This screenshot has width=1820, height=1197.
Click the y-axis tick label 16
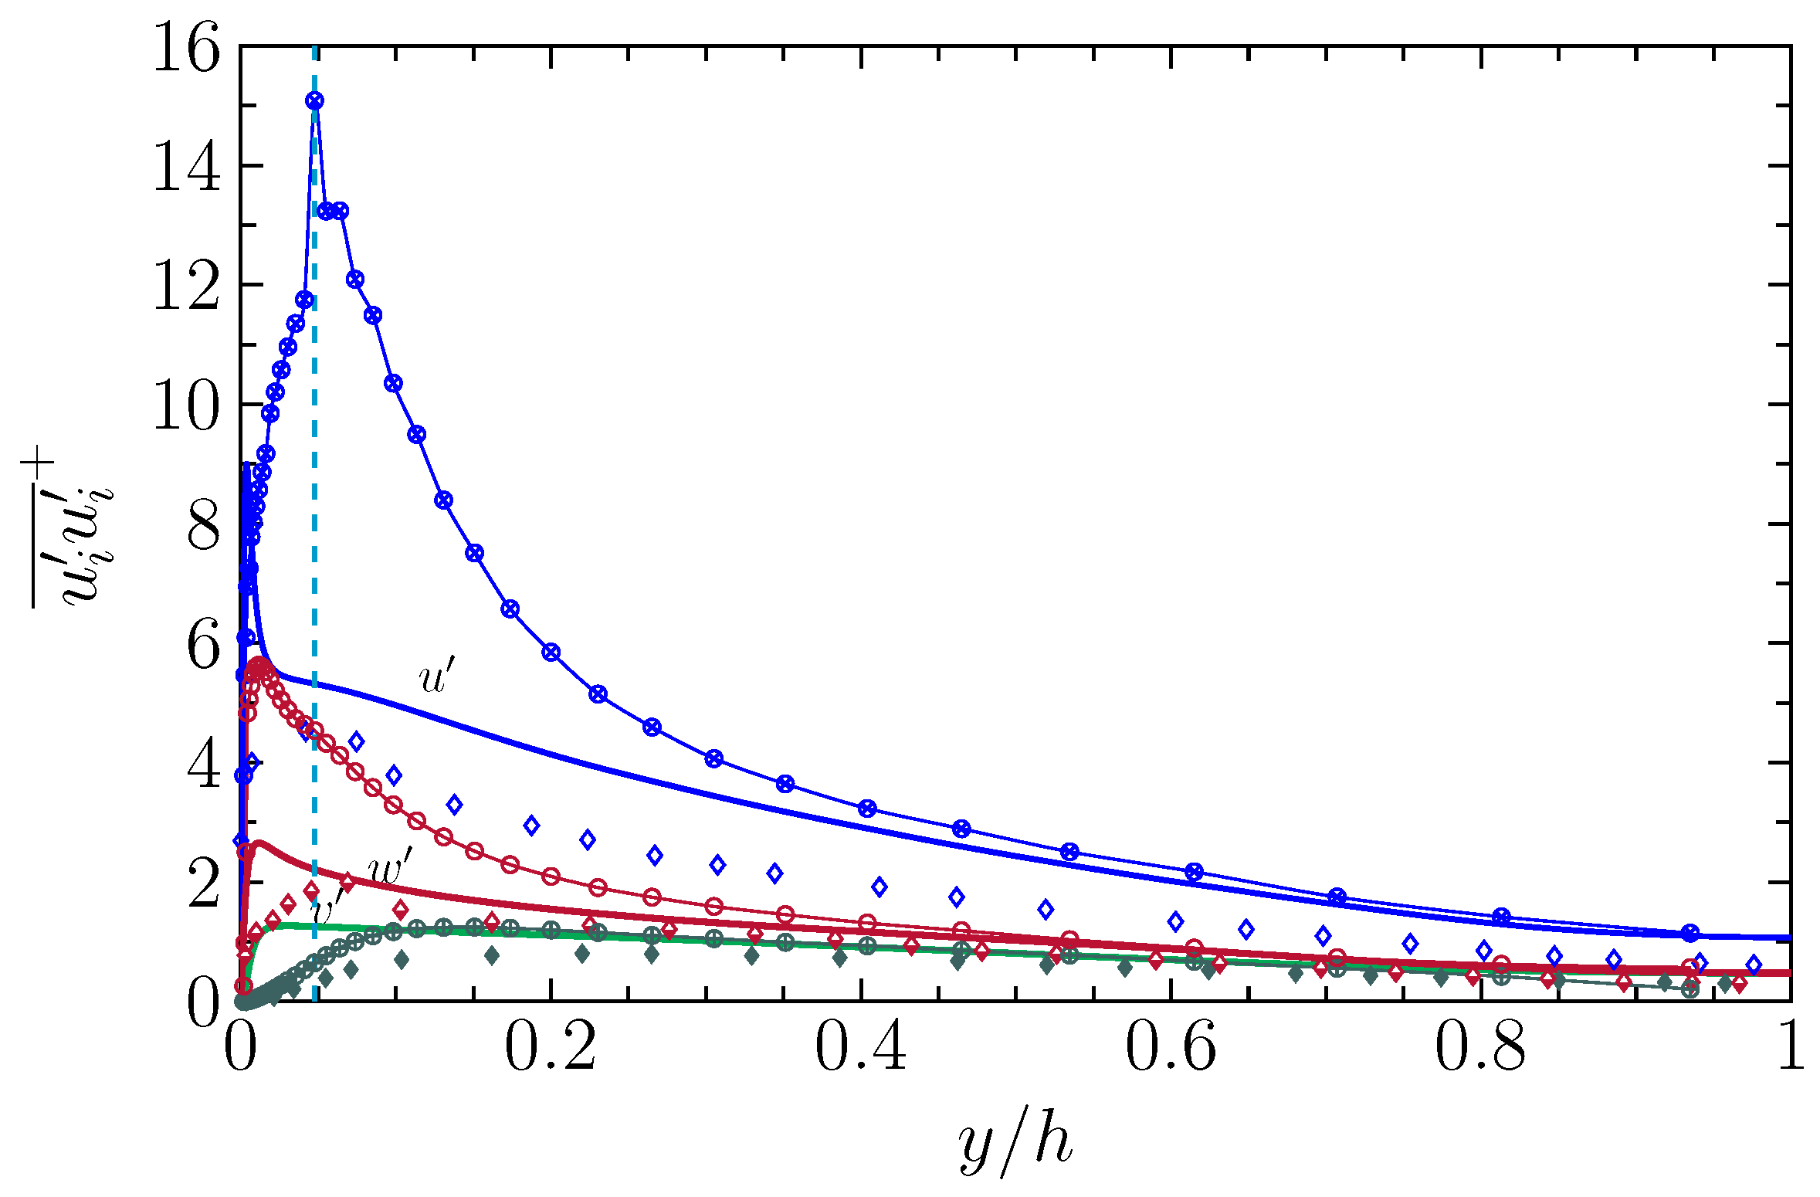tap(186, 48)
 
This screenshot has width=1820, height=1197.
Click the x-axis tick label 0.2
tap(550, 1048)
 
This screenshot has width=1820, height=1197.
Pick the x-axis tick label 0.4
tap(860, 1048)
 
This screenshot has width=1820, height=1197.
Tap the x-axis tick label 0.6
tap(1171, 1048)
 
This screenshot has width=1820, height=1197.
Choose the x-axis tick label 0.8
tap(1480, 1048)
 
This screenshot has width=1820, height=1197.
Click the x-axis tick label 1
tap(1790, 1048)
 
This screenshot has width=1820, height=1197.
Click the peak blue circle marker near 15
tap(314, 101)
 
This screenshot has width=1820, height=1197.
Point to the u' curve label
tap(437, 677)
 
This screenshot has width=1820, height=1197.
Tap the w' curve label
tap(391, 869)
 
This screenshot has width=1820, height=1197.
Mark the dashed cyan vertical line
tap(315, 541)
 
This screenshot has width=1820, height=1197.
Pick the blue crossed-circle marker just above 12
tap(354, 280)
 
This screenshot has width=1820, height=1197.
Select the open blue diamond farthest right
tap(1754, 965)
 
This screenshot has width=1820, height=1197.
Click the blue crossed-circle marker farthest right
tap(1690, 933)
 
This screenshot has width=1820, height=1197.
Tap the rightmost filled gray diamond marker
tap(1725, 984)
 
